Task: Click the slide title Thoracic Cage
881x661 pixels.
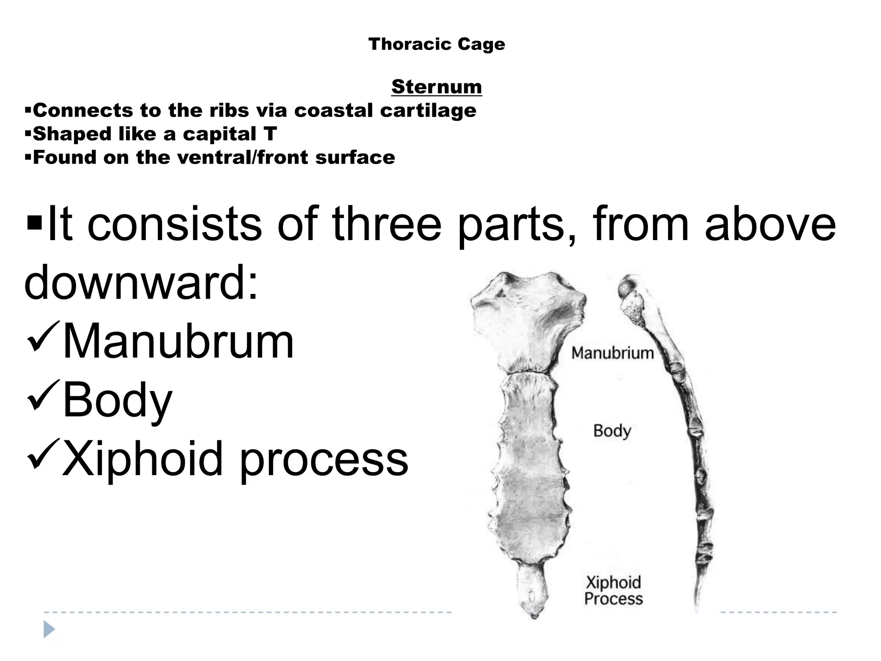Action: (437, 44)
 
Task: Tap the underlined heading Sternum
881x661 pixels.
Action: (437, 87)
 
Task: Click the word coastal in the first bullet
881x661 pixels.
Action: (333, 111)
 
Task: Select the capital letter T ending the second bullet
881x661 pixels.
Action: (271, 134)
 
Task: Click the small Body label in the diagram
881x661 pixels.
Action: (612, 431)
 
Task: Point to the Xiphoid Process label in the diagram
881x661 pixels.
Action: (613, 590)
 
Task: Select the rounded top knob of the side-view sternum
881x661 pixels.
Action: (628, 287)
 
